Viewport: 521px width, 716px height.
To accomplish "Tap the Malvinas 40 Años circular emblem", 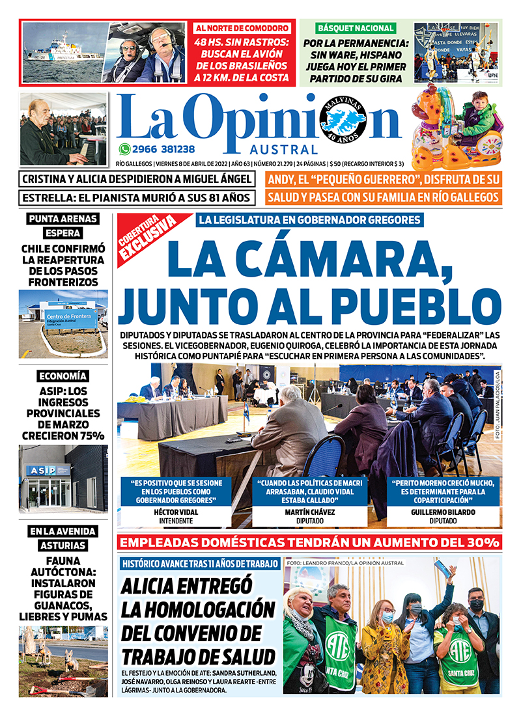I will (x=343, y=120).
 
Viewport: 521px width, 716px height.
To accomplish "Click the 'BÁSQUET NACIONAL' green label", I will (x=356, y=29).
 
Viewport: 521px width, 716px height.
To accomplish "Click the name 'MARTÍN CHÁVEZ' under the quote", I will (x=310, y=512).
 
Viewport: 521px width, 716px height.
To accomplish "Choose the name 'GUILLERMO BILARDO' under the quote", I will (x=443, y=512).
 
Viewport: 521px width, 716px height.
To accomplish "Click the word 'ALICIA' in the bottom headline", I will (x=158, y=586).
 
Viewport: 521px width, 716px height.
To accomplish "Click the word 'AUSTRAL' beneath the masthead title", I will (x=285, y=149).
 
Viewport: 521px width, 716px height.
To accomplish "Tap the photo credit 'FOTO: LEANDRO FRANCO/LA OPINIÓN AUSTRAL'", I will (x=345, y=563).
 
